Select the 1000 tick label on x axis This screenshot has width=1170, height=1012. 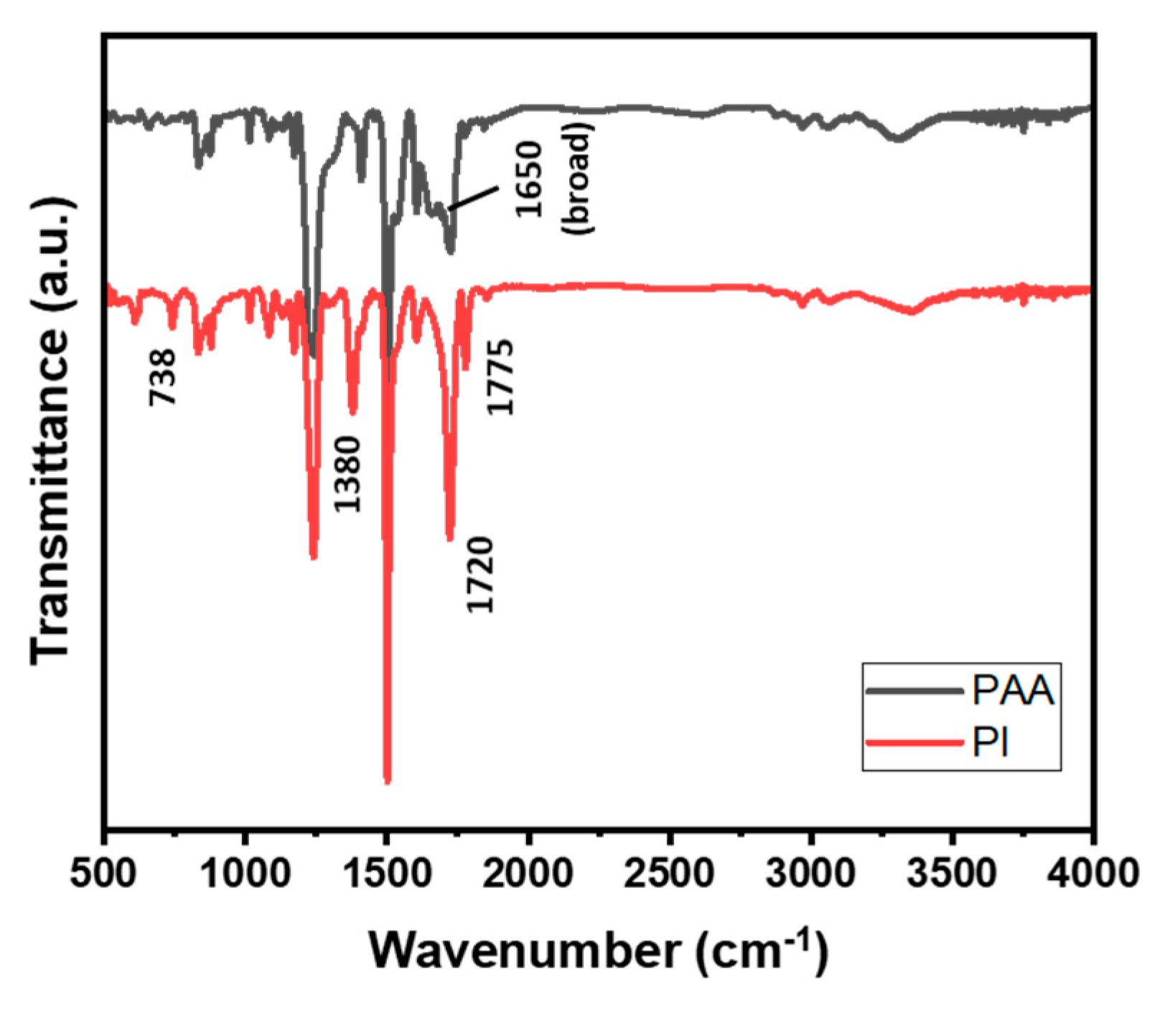pyautogui.click(x=245, y=874)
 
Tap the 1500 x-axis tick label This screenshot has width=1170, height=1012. pyautogui.click(x=387, y=874)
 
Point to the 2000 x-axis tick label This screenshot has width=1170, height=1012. pyautogui.click(x=528, y=874)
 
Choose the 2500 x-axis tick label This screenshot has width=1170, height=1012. pyautogui.click(x=669, y=874)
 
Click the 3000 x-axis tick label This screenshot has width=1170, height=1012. pyautogui.click(x=810, y=874)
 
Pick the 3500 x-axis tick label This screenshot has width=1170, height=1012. pyautogui.click(x=952, y=874)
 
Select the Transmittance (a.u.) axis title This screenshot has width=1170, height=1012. pyautogui.click(x=52, y=430)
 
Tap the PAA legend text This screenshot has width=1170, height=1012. pyautogui.click(x=1013, y=691)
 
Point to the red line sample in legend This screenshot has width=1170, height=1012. pyautogui.click(x=914, y=742)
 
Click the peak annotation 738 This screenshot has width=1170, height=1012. pyautogui.click(x=162, y=377)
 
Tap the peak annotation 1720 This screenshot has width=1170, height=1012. pyautogui.click(x=480, y=574)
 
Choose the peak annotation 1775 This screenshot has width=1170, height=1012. pyautogui.click(x=500, y=377)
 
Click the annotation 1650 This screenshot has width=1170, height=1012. pyautogui.click(x=528, y=179)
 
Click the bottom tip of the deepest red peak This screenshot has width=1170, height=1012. pyautogui.click(x=388, y=781)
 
